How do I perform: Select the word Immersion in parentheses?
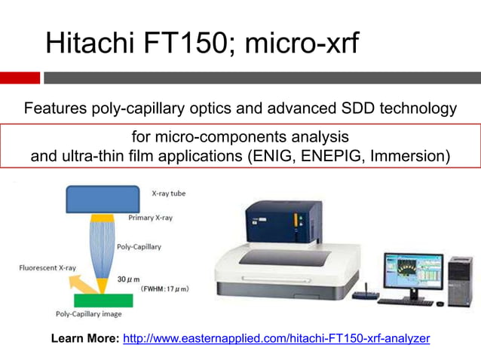[x=408, y=157]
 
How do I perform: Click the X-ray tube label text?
[x=168, y=194]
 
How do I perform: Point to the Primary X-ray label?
[x=152, y=218]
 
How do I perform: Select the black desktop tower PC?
[x=458, y=281]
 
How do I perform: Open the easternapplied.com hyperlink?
[x=276, y=338]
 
